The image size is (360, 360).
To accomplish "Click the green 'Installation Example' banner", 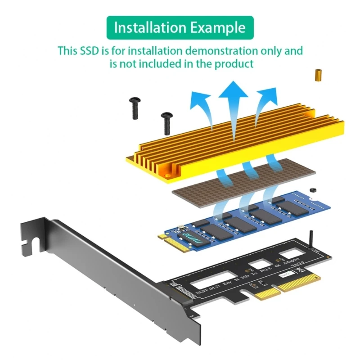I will [180, 27].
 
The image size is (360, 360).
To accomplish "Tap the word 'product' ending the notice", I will [233, 63].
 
